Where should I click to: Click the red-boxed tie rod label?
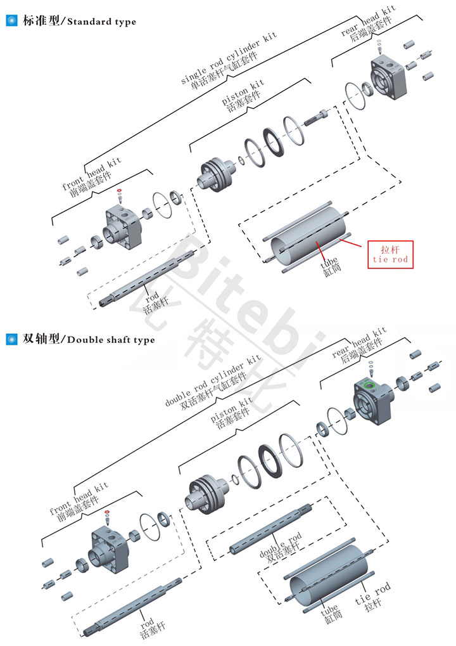[x=390, y=255]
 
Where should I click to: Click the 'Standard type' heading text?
[x=101, y=22]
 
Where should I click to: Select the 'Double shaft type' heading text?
[x=111, y=340]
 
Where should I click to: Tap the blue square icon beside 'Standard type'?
[x=11, y=20]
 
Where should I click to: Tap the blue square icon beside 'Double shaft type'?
[x=11, y=339]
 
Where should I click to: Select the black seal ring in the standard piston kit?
[x=272, y=142]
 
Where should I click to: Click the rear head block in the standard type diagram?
[x=388, y=78]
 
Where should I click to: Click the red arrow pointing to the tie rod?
[x=350, y=243]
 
